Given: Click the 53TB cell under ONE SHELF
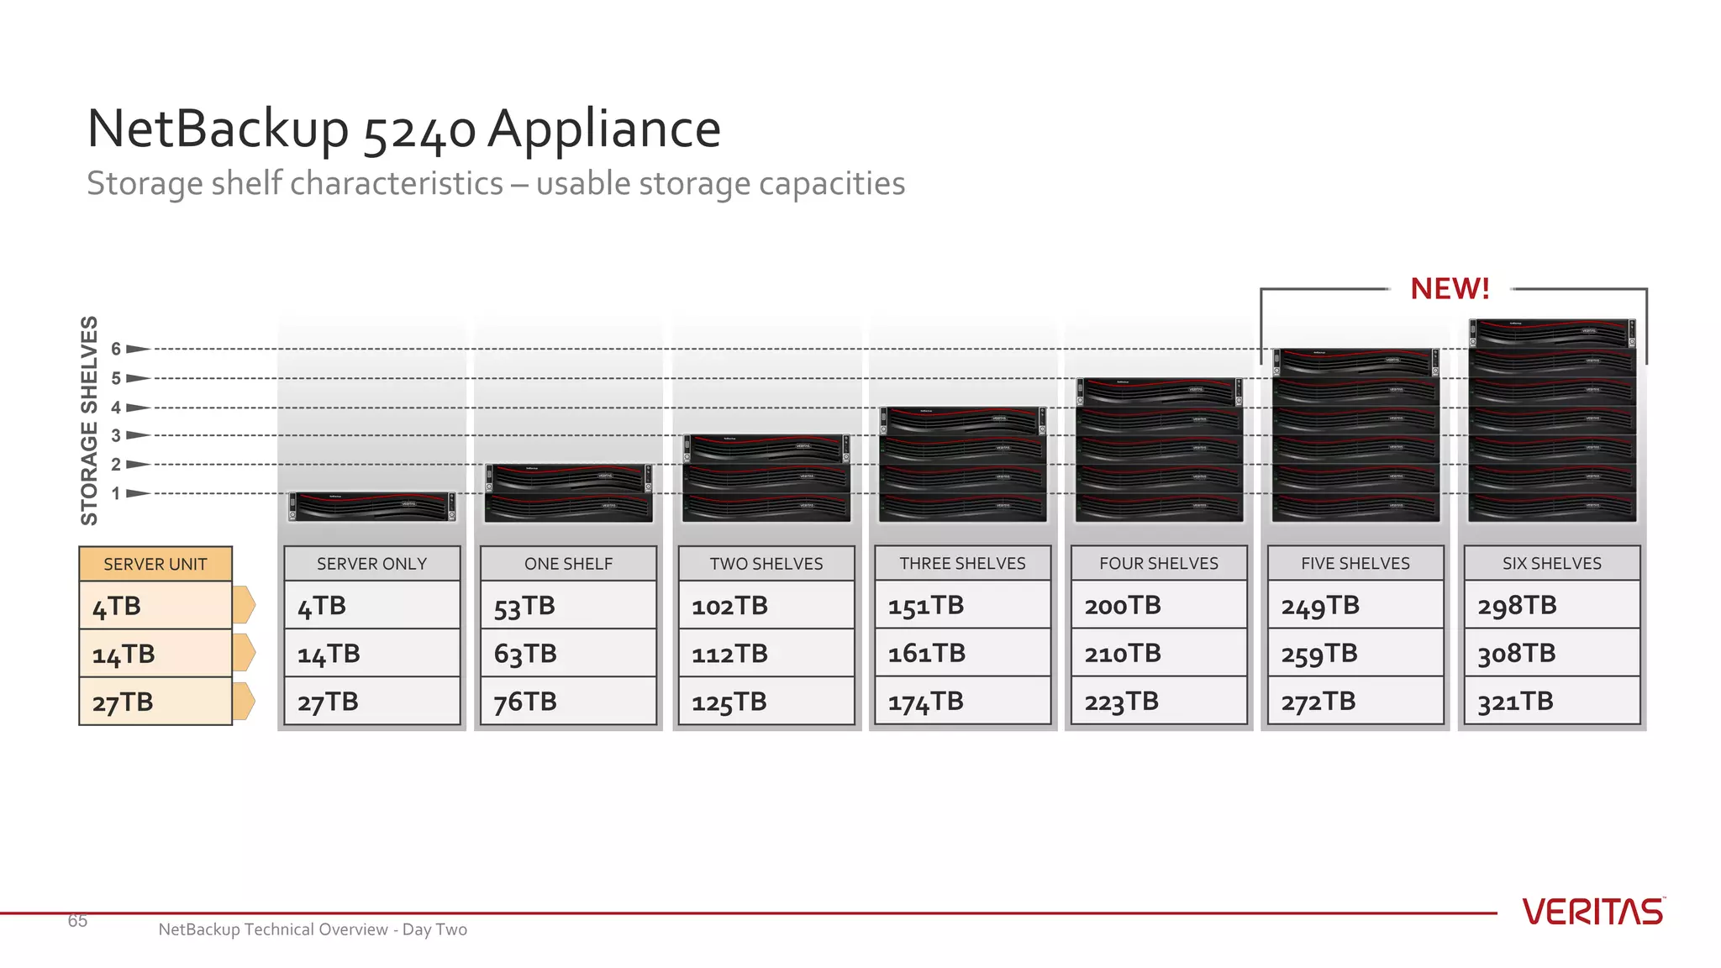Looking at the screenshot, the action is pyautogui.click(x=568, y=606).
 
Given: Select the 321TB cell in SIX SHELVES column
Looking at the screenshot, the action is pyautogui.click(x=1551, y=702).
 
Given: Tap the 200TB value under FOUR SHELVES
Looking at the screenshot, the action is pyautogui.click(x=1158, y=606).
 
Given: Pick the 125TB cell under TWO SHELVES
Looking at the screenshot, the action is pyautogui.click(x=765, y=702).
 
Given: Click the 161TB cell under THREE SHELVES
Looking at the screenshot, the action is pyautogui.click(x=961, y=654).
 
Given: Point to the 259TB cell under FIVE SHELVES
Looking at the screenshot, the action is pyautogui.click(x=1355, y=654).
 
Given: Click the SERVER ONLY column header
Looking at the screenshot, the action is pyautogui.click(x=371, y=564).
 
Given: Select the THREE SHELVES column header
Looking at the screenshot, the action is pyautogui.click(x=962, y=564).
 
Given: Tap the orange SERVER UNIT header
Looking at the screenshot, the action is pyautogui.click(x=155, y=564).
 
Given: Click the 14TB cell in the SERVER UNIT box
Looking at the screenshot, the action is pyautogui.click(x=155, y=654).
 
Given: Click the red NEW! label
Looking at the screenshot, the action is pyautogui.click(x=1450, y=289).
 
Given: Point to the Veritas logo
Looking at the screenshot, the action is pyautogui.click(x=1592, y=913).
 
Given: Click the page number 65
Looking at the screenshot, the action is pyautogui.click(x=77, y=921).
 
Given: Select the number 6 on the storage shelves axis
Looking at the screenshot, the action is pyautogui.click(x=116, y=349).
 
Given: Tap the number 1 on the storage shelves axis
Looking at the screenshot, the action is pyautogui.click(x=116, y=494).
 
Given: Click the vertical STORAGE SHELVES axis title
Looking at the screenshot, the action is pyautogui.click(x=89, y=420).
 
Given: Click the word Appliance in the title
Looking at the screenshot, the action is pyautogui.click(x=604, y=129).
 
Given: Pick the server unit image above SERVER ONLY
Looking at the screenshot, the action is pyautogui.click(x=371, y=507).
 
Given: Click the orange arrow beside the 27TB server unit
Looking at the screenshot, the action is pyautogui.click(x=244, y=702).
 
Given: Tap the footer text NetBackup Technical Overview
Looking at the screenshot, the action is pyautogui.click(x=313, y=929).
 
